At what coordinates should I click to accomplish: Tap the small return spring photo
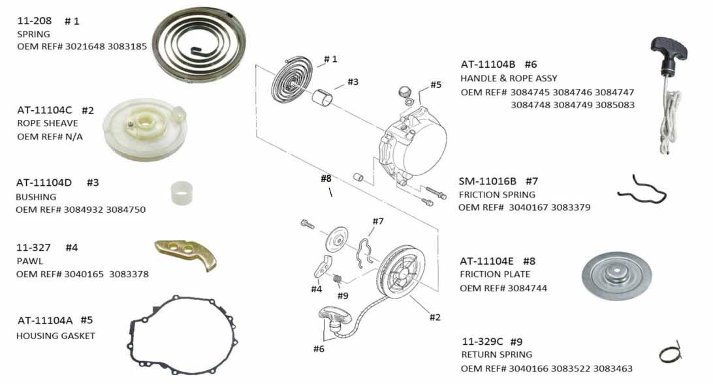click(670, 353)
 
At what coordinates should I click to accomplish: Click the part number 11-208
click(35, 21)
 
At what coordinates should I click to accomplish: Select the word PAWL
click(29, 261)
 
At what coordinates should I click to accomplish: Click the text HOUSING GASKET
click(55, 336)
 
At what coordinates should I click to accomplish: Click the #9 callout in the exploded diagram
click(342, 296)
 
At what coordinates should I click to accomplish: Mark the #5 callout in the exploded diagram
click(436, 85)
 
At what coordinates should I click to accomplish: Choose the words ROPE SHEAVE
click(47, 123)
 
